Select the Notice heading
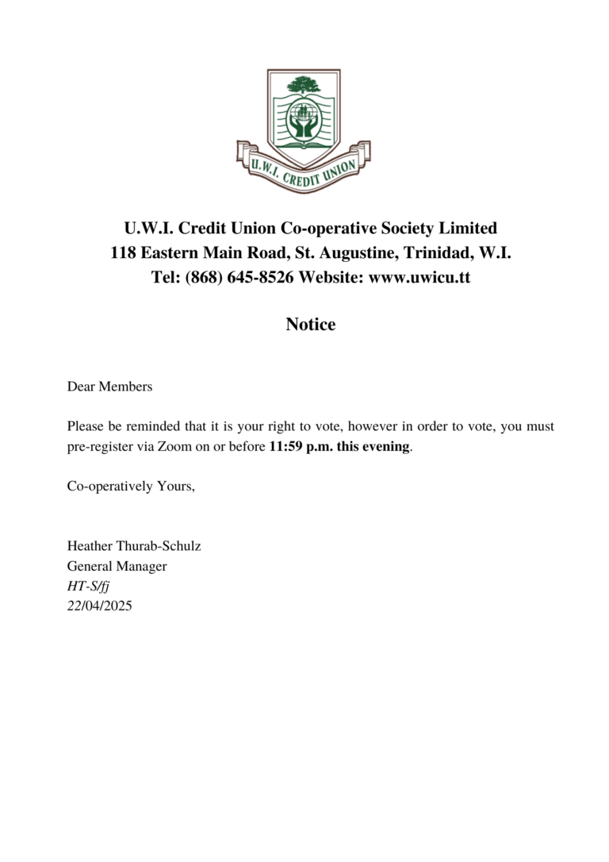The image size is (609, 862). (310, 325)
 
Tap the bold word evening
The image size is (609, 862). (387, 447)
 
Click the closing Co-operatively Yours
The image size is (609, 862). (131, 487)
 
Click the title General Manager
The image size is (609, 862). (117, 567)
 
